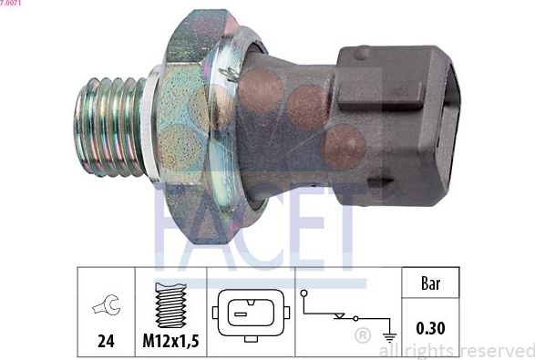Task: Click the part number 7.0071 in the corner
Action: [x=11, y=4]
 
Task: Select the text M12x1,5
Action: [x=171, y=343]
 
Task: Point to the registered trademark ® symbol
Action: [x=362, y=336]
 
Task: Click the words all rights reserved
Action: [x=457, y=351]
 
